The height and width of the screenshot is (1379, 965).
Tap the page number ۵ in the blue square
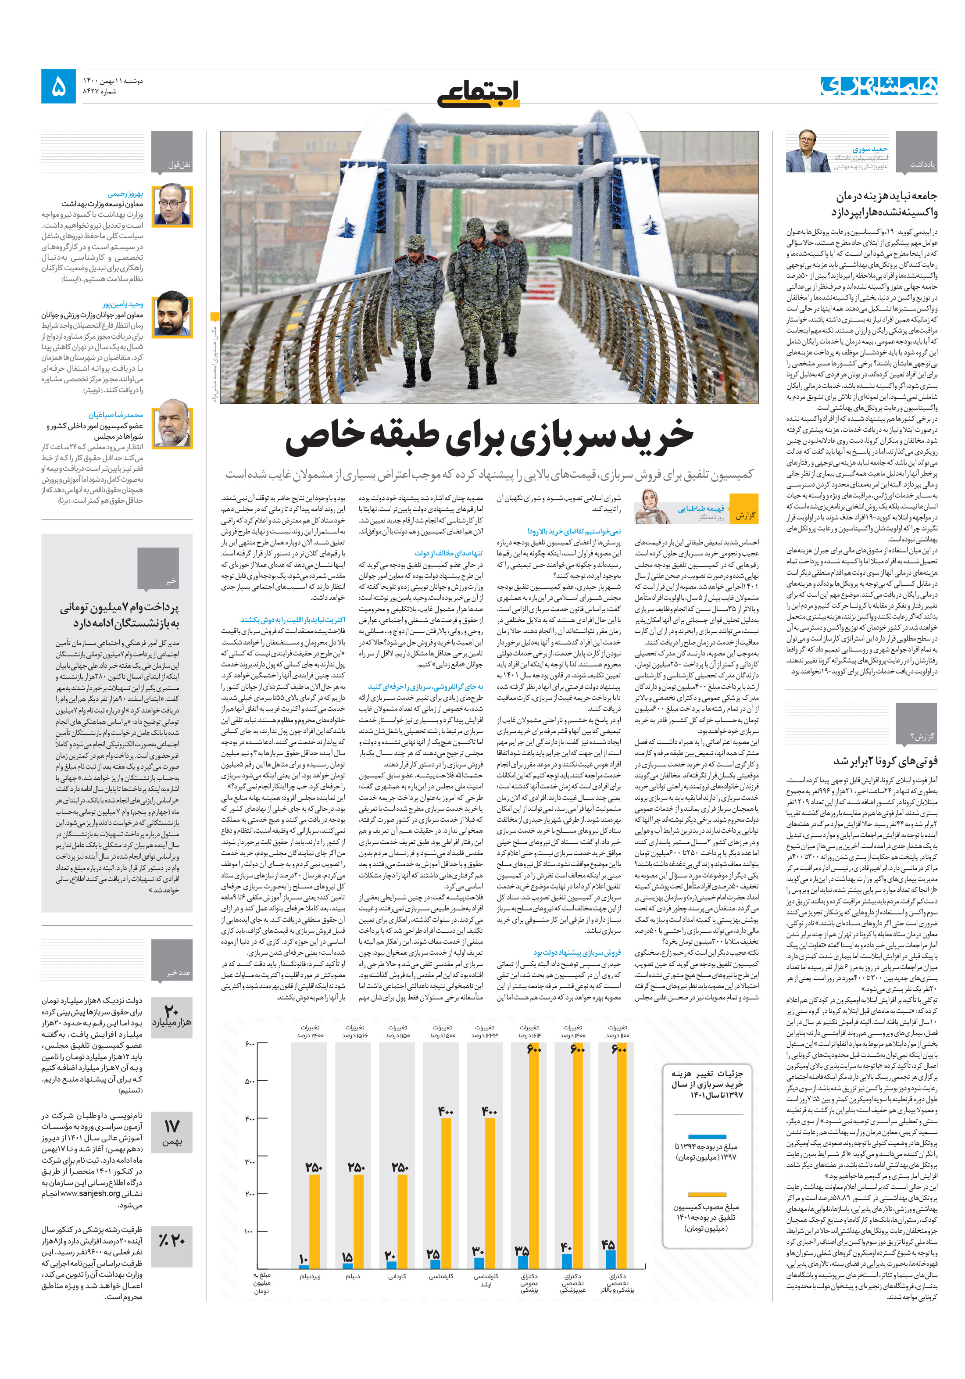pyautogui.click(x=59, y=86)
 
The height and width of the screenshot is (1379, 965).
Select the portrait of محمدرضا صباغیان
pyautogui.click(x=172, y=428)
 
